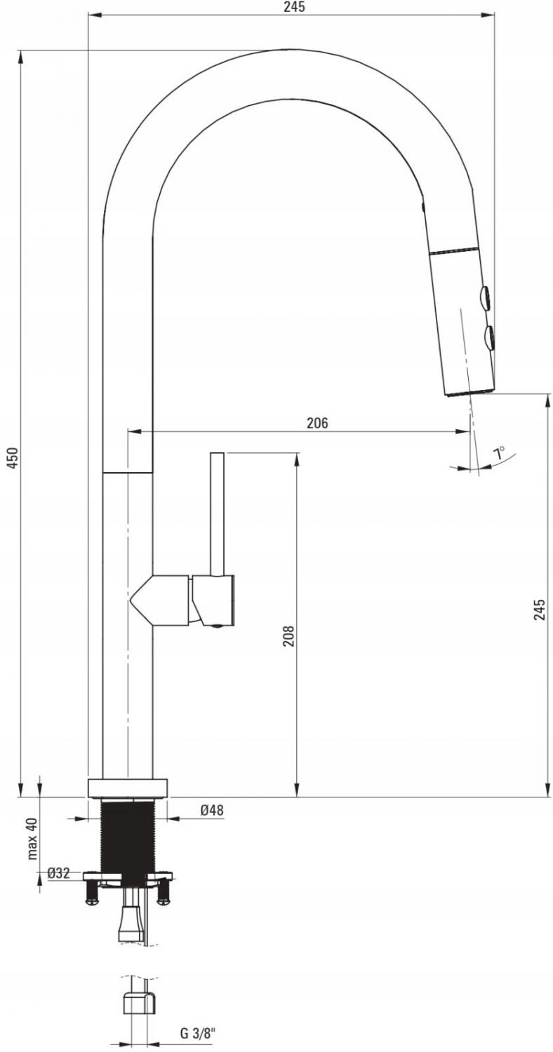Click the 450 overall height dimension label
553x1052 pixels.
point(13,457)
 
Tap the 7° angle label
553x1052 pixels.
point(498,454)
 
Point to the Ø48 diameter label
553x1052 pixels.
point(211,809)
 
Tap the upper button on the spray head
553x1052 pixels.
point(485,297)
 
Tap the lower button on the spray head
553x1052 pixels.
point(488,337)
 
